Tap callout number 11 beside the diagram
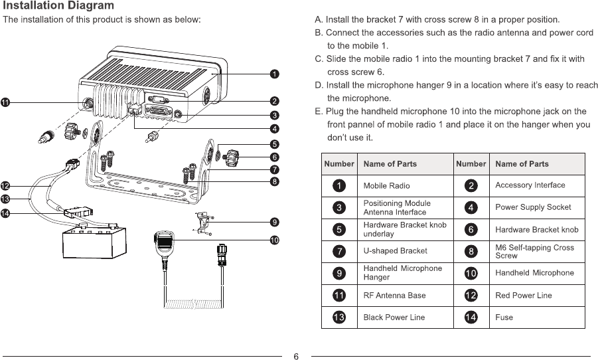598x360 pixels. click(x=5, y=102)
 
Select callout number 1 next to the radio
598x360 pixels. click(x=274, y=73)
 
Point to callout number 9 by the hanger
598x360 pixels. click(x=274, y=221)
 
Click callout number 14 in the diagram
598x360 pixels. click(x=5, y=213)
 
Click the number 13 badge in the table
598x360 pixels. click(x=338, y=317)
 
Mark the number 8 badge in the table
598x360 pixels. click(x=471, y=251)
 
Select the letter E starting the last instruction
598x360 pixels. click(x=318, y=111)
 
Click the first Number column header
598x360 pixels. click(x=338, y=163)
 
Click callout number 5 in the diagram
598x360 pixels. click(x=274, y=143)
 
